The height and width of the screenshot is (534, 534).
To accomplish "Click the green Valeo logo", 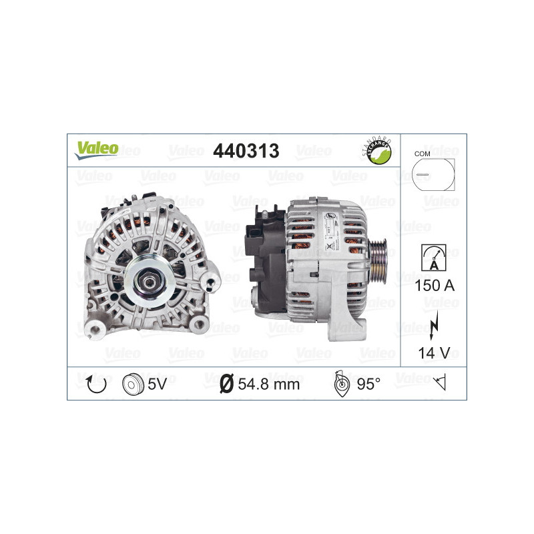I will [97, 150].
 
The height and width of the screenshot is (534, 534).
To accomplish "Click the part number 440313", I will [245, 152].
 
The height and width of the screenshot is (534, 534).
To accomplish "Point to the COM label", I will [422, 154].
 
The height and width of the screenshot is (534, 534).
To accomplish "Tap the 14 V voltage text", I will [433, 353].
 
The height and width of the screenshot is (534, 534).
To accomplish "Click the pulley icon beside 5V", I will [133, 383].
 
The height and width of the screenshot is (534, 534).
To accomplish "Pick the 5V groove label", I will [161, 384].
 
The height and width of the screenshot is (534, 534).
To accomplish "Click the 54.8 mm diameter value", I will [268, 384].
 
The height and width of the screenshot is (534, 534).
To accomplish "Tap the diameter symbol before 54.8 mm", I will [226, 384].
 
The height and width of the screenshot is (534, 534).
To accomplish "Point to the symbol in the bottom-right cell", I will [439, 383].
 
